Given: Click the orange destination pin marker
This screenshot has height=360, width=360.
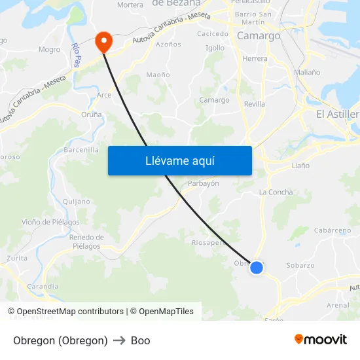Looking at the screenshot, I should click(103, 42).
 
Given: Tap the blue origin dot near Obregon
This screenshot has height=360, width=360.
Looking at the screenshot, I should click(257, 267).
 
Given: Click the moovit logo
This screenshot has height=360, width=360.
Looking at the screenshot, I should click(321, 340).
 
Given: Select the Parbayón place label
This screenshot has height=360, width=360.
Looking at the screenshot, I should click(204, 183).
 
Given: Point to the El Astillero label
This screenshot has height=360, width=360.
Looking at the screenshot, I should click(338, 114).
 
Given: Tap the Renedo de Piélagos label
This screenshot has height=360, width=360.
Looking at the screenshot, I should click(86, 242).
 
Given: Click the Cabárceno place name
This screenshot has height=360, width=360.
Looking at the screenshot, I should click(332, 230).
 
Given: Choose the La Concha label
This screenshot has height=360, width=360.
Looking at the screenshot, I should click(276, 192).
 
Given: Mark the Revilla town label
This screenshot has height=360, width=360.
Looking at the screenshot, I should click(255, 104).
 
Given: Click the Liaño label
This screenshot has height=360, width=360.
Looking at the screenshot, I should click(300, 166).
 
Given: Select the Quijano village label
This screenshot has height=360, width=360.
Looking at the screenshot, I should click(78, 202).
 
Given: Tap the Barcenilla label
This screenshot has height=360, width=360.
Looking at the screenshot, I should click(81, 150).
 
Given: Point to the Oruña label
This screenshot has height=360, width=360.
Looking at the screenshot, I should click(92, 115).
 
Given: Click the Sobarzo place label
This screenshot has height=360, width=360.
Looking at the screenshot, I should click(300, 265).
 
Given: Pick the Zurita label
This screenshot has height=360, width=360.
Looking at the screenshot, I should click(17, 258).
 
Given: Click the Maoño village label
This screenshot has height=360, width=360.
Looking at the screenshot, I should click(158, 75).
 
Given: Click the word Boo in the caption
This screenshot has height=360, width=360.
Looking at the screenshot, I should click(141, 340).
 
